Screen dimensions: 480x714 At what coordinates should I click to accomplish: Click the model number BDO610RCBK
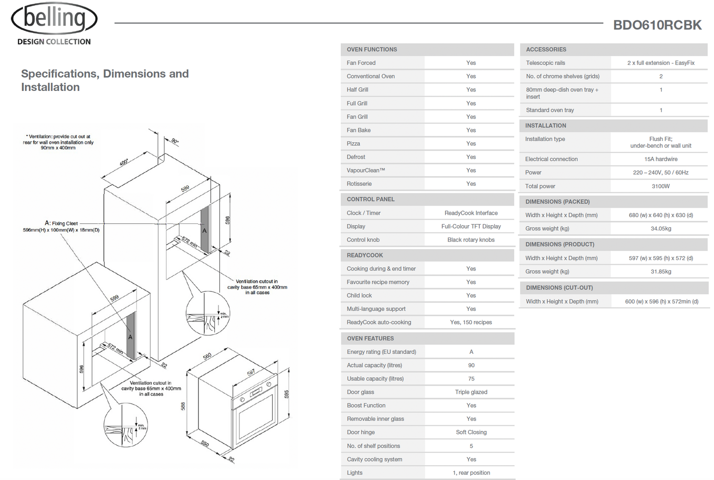point(657,25)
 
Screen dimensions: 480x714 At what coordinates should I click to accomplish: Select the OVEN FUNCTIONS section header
point(372,50)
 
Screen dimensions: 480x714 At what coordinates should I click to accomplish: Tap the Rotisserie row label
point(359,184)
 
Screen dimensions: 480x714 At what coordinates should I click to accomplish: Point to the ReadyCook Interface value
point(471,213)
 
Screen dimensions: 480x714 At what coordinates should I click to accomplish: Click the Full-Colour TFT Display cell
point(471,226)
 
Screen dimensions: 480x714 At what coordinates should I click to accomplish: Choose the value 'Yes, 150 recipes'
point(471,322)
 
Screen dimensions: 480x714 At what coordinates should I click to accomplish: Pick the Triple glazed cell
point(471,392)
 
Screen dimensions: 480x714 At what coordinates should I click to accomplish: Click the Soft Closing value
point(471,432)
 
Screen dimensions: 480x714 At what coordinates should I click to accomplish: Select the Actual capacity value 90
point(471,365)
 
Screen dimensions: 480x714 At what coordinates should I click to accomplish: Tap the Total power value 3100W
point(661,186)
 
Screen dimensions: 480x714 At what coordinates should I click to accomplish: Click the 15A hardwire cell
point(661,159)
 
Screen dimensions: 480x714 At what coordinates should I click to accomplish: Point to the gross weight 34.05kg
point(661,229)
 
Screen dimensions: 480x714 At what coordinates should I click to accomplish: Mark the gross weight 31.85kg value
point(661,271)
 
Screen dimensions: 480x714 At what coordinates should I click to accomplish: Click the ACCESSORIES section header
point(546,50)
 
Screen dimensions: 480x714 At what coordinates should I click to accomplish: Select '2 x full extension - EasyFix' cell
point(661,63)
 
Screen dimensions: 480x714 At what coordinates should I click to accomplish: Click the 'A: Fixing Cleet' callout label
point(61,223)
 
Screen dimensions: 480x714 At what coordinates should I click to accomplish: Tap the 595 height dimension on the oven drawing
point(287,394)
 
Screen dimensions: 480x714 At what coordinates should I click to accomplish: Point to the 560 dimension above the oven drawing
point(208,356)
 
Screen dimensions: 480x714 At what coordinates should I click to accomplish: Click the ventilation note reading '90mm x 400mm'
point(58,148)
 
